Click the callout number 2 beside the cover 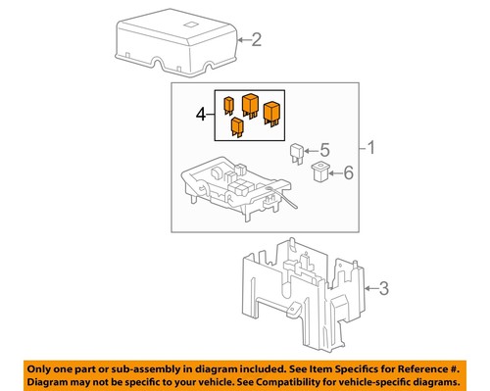[258, 40]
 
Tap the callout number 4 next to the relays [202, 116]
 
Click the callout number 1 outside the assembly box [371, 149]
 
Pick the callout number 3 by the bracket [384, 287]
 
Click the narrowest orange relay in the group [228, 104]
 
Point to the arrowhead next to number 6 [333, 173]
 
